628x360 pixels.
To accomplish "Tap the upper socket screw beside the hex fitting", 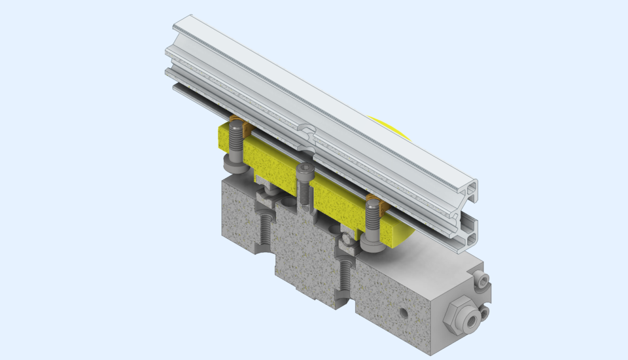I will tap(483, 281).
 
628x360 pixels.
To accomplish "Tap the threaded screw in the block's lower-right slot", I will tap(345, 278).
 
